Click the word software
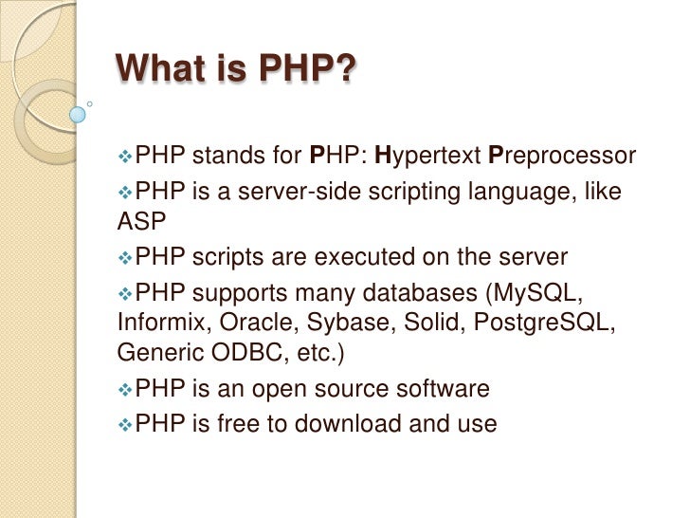click(442, 387)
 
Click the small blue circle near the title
click(78, 114)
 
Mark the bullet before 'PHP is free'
click(126, 423)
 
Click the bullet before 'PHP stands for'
click(126, 156)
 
